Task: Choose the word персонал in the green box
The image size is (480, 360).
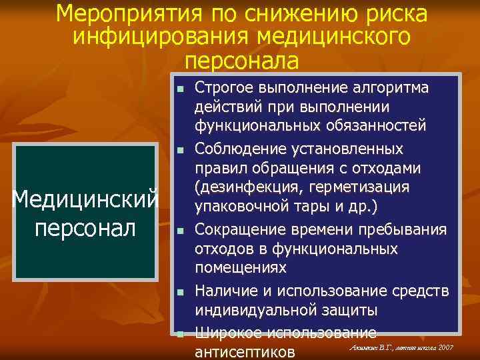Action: pyautogui.click(x=85, y=225)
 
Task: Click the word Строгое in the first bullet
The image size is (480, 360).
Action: pyautogui.click(x=223, y=88)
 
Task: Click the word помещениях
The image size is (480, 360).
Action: pyautogui.click(x=241, y=268)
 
